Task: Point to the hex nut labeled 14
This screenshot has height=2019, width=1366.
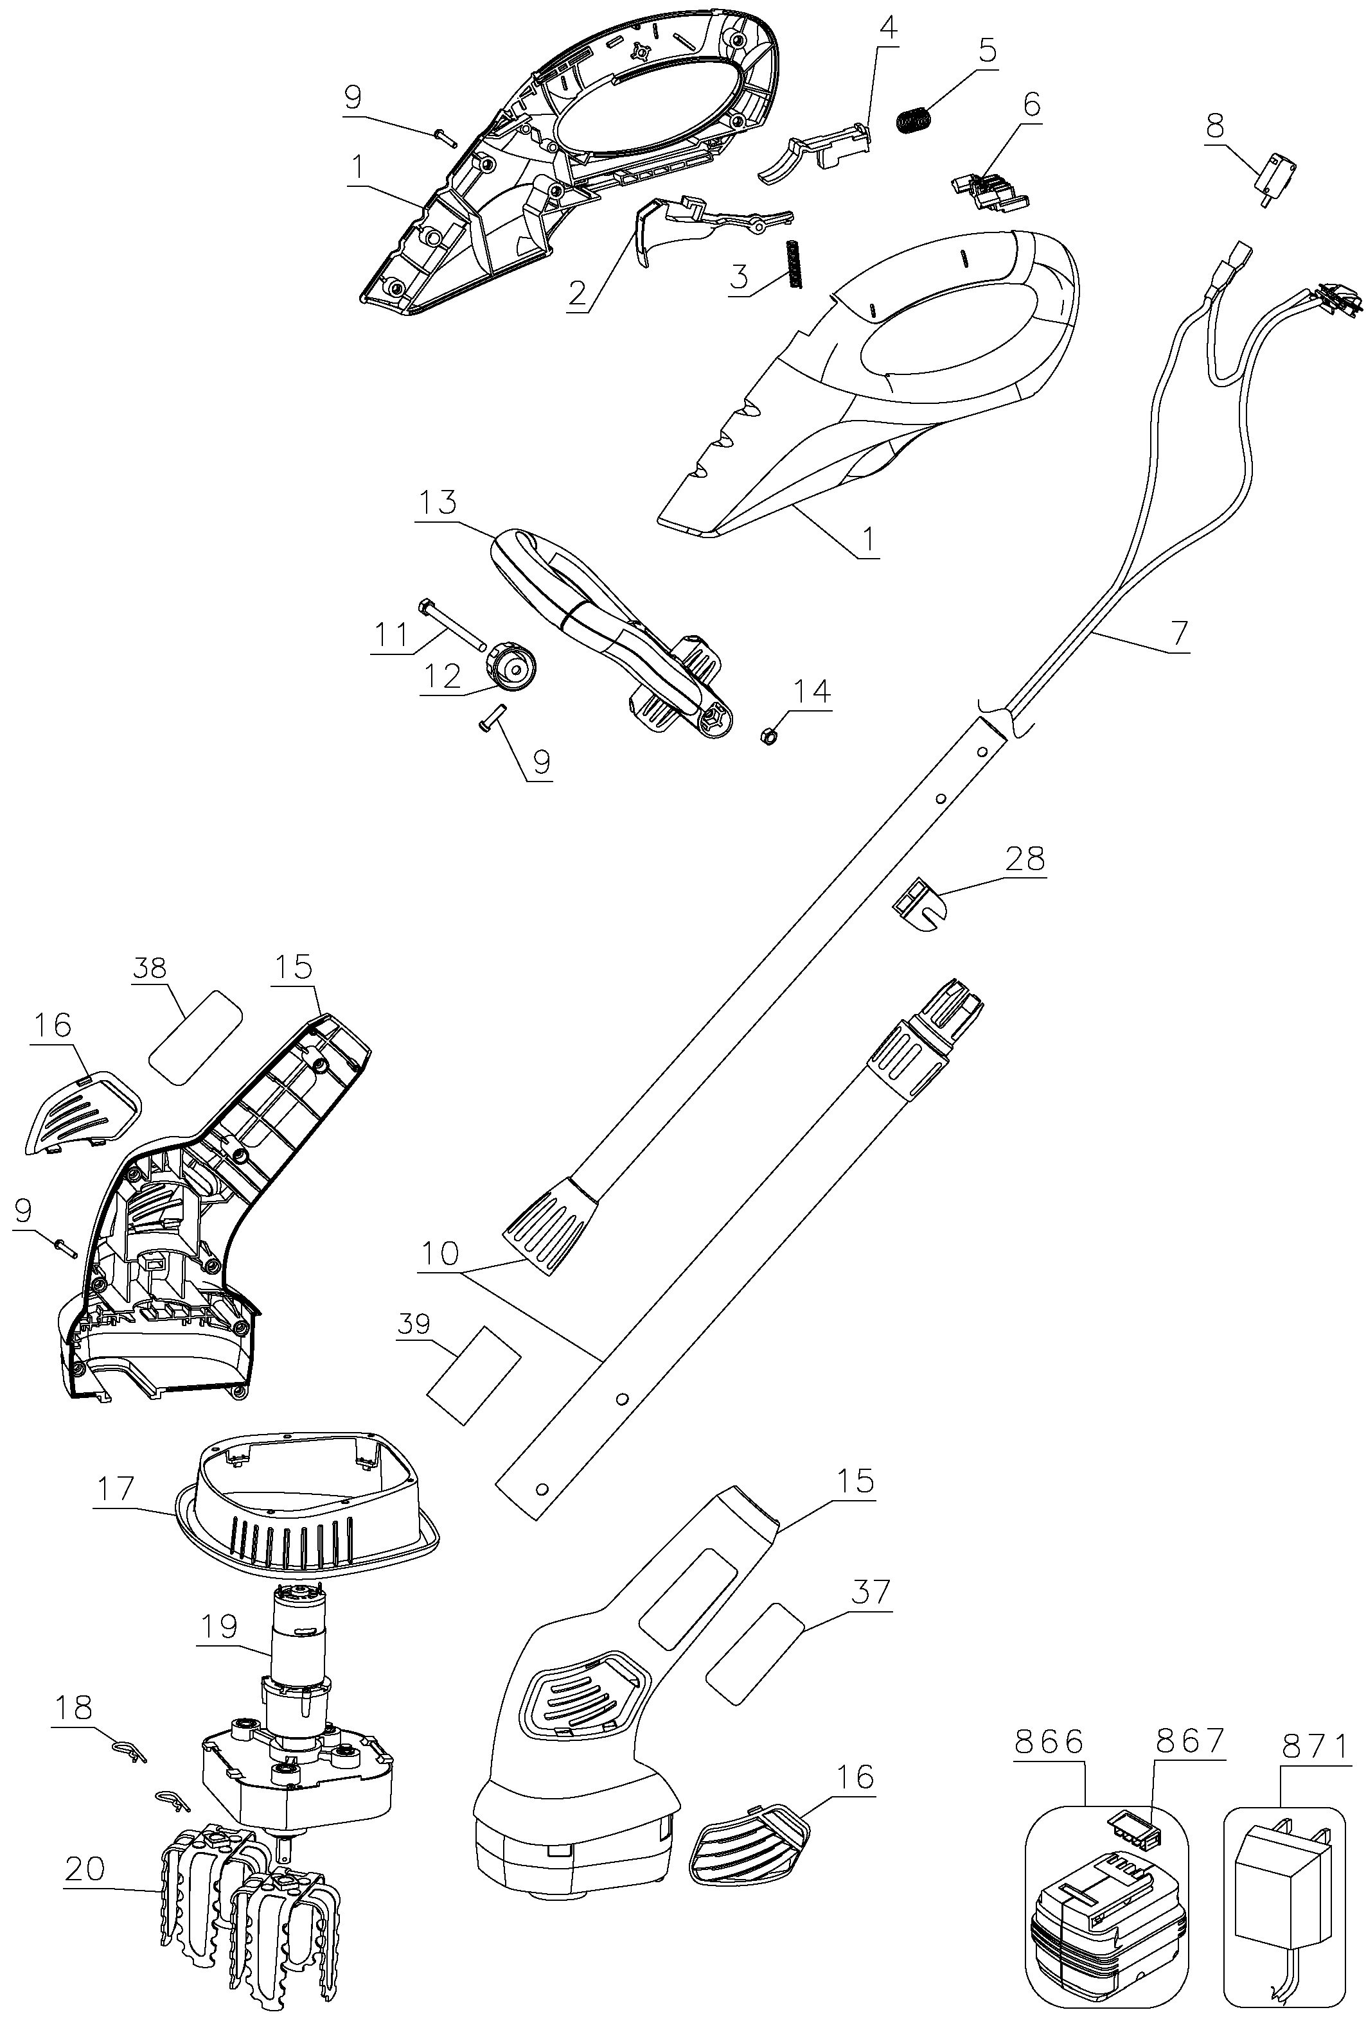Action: (769, 739)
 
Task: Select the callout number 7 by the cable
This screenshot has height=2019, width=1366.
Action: (1179, 633)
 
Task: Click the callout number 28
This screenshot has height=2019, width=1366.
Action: (1025, 859)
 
